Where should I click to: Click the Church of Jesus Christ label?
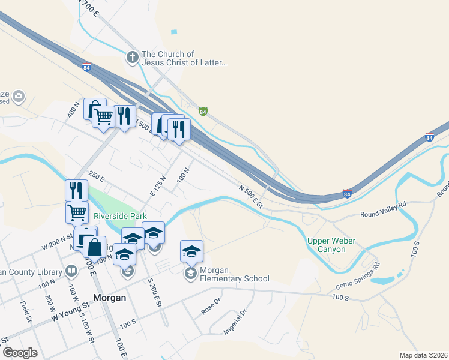click(185, 58)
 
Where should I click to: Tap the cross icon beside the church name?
click(132, 58)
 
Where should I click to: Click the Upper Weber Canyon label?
click(331, 245)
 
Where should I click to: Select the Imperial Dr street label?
click(236, 322)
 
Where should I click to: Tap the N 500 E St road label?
click(251, 196)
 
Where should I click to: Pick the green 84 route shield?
click(203, 112)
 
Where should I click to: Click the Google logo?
click(20, 353)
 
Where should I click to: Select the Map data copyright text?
click(423, 355)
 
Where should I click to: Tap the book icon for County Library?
click(71, 271)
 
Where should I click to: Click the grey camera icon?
click(19, 96)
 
